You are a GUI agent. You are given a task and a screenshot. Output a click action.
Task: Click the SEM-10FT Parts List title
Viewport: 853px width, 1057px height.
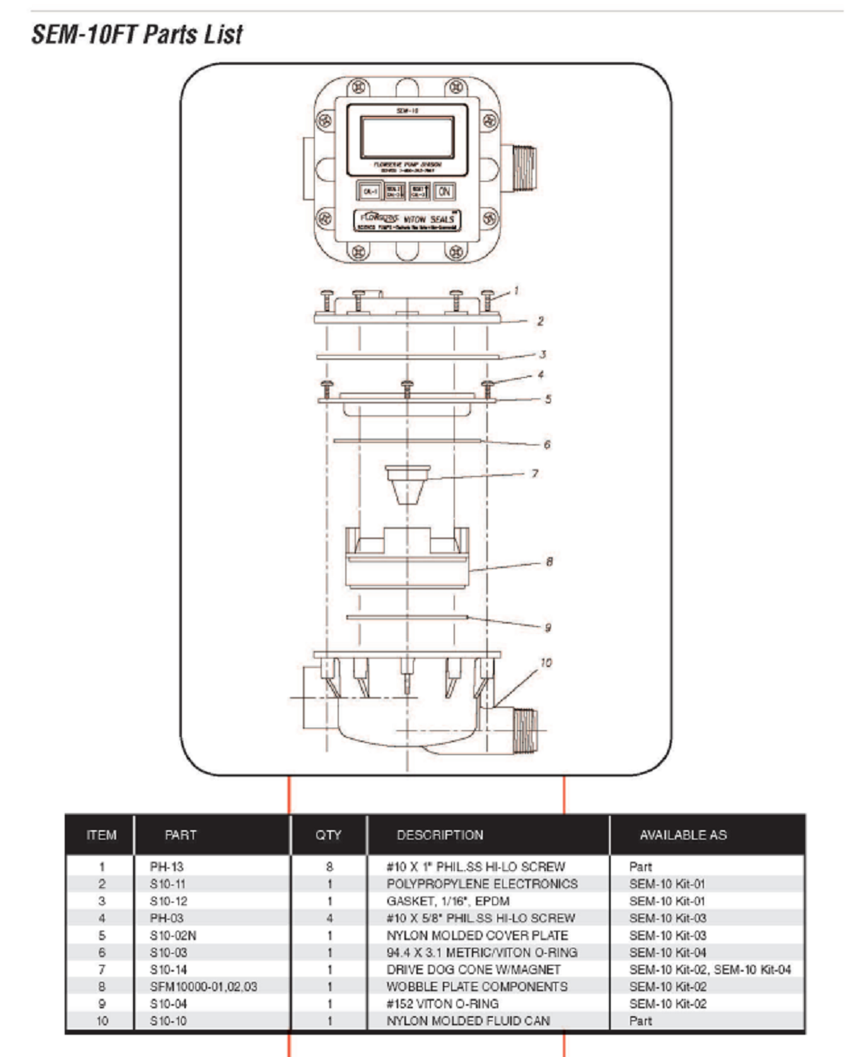click(x=136, y=35)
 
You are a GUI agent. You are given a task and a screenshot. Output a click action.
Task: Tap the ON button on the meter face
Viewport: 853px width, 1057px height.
click(x=444, y=192)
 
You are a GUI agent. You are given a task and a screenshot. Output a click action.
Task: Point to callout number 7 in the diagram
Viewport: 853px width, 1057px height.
click(x=535, y=473)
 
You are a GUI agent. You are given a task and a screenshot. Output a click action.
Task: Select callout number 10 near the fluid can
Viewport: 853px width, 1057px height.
click(x=546, y=662)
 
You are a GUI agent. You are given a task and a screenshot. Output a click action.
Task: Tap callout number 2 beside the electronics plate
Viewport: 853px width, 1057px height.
click(x=540, y=322)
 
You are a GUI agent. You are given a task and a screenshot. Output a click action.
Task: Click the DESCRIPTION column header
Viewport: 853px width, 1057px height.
click(x=439, y=835)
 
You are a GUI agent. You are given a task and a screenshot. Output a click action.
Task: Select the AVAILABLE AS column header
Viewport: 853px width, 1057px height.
click(x=683, y=835)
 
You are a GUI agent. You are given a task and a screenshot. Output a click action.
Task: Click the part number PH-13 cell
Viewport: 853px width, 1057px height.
click(x=166, y=867)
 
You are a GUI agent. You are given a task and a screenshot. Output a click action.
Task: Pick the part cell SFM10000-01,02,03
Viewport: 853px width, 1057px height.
click(x=203, y=986)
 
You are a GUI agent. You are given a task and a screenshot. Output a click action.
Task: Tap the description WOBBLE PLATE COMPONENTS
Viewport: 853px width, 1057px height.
click(x=476, y=986)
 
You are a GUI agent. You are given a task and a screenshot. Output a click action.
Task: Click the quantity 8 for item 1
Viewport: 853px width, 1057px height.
click(x=329, y=867)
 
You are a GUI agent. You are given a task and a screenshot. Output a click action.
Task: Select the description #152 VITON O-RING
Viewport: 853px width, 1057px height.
click(x=442, y=1003)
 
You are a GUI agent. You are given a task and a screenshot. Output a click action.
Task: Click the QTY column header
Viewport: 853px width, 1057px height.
click(x=328, y=835)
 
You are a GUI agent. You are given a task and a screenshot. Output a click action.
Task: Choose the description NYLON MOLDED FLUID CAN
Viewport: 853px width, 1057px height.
click(x=467, y=1020)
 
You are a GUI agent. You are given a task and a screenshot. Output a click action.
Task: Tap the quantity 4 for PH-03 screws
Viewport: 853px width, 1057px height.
click(x=329, y=918)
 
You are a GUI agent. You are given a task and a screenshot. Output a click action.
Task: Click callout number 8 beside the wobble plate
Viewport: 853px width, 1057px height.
click(x=549, y=562)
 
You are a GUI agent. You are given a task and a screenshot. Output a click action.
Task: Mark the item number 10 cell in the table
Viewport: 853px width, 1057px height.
click(x=102, y=1020)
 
